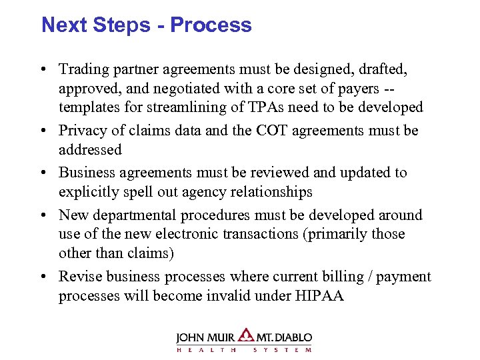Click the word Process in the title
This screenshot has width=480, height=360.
tap(211, 25)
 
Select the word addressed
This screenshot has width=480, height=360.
tap(90, 149)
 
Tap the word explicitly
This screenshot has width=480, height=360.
tap(89, 192)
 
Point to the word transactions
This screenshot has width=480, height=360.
tap(281, 234)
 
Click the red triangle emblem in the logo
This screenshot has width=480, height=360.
tap(247, 335)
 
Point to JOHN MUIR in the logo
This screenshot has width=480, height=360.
tap(206, 337)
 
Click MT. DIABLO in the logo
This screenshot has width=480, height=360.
tap(285, 337)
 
